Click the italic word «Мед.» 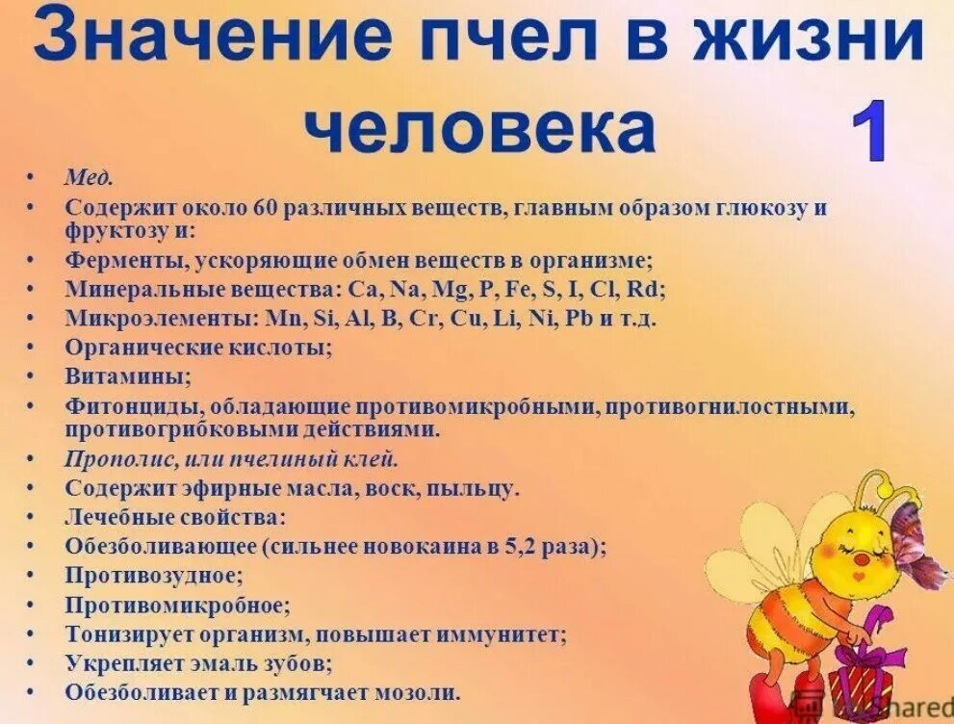click(90, 179)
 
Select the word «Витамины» click(127, 375)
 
